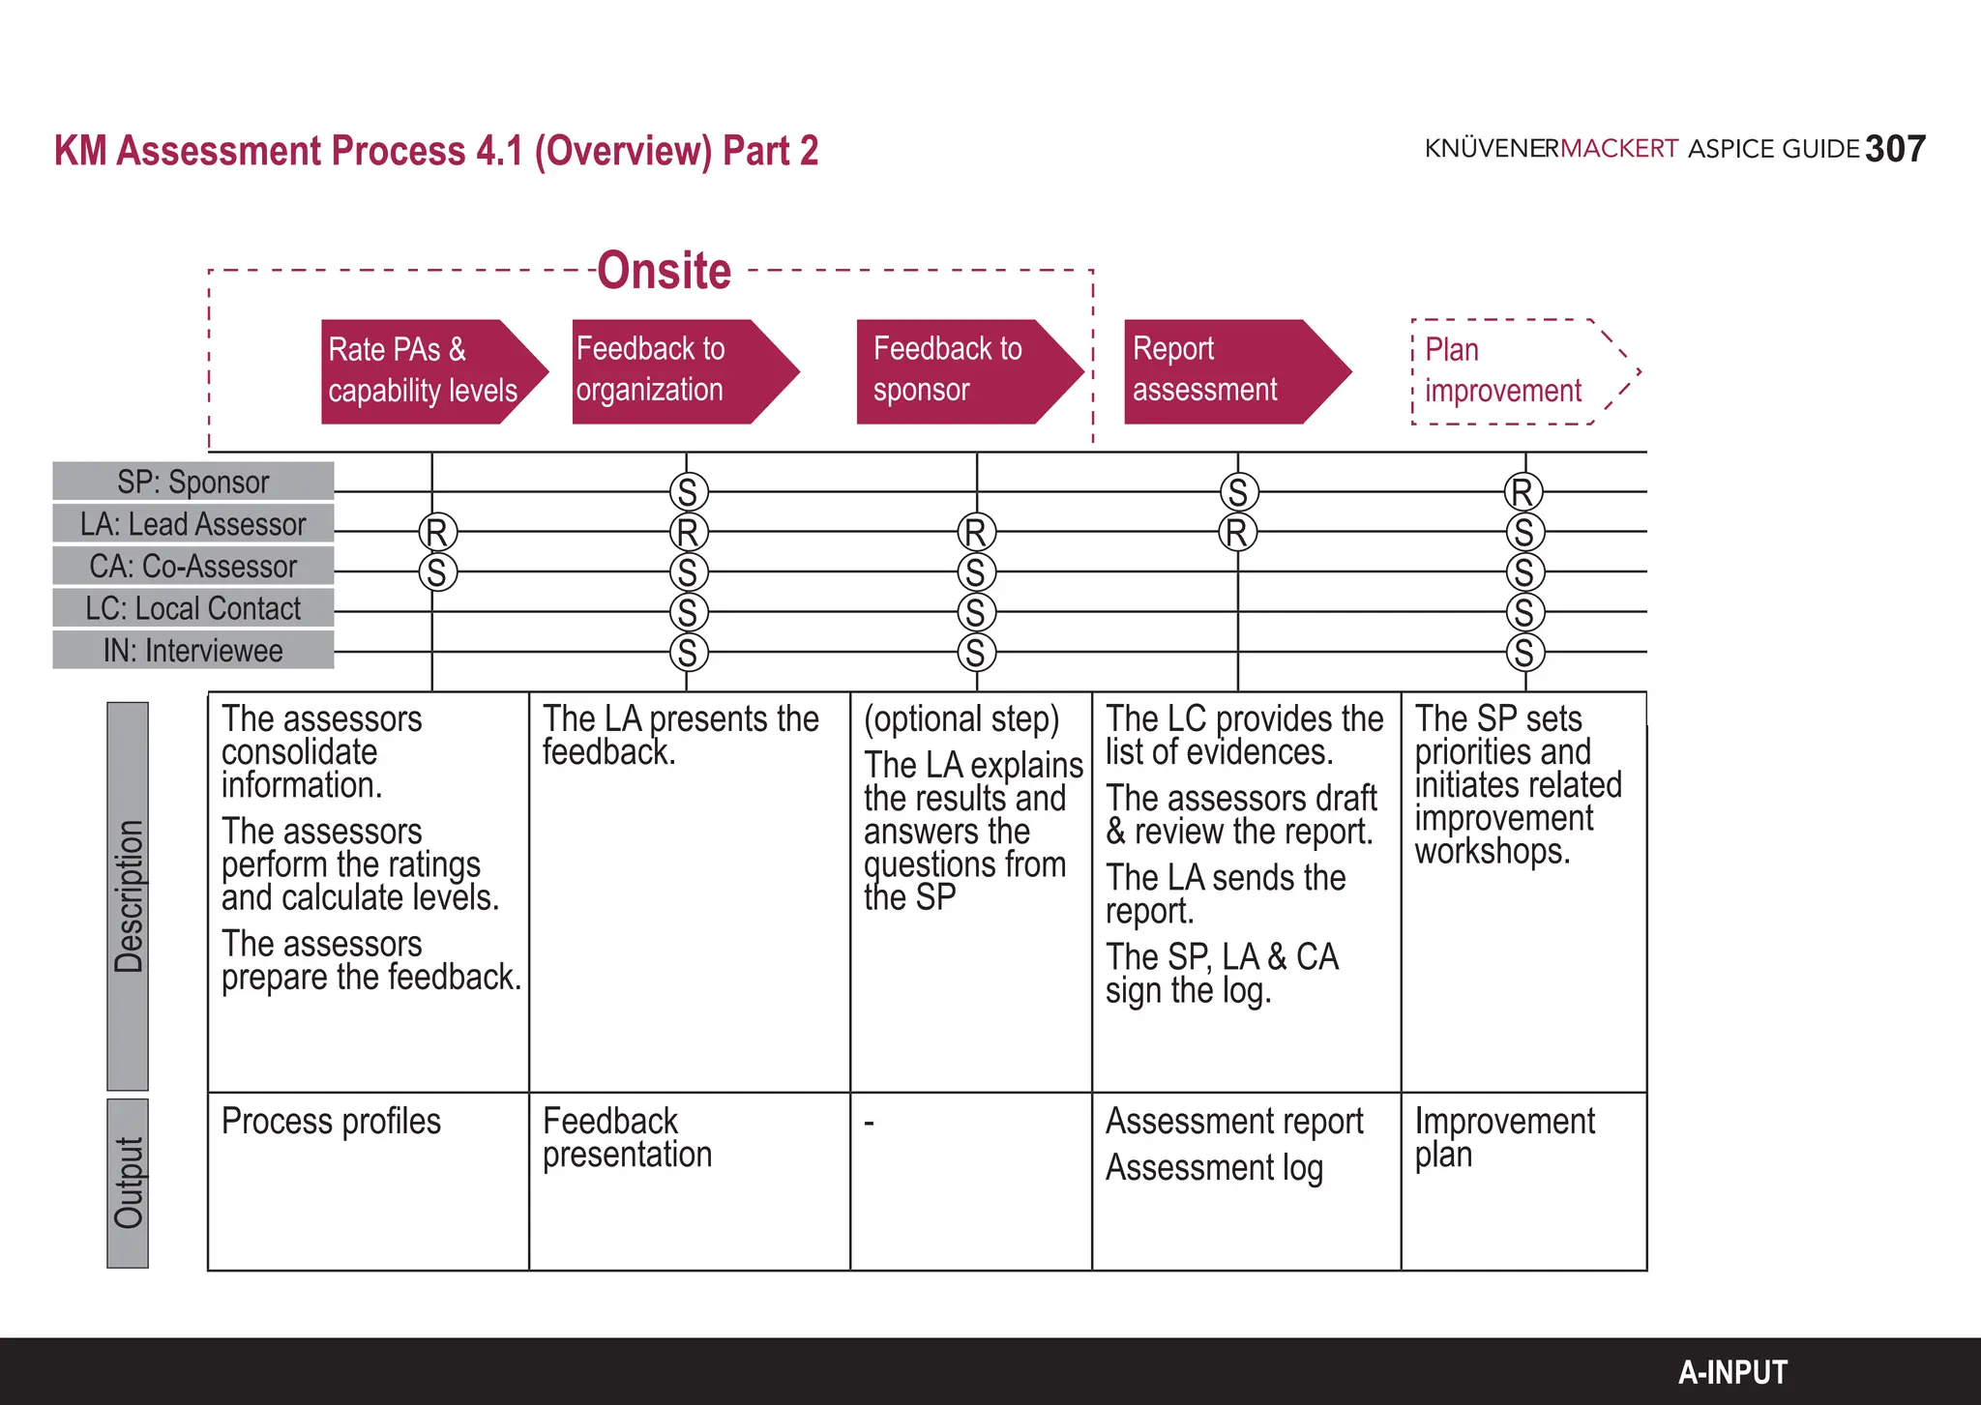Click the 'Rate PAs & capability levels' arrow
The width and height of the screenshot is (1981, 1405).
click(426, 371)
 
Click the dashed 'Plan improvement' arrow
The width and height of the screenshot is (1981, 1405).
click(1514, 371)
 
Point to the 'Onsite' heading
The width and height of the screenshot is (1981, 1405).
click(665, 271)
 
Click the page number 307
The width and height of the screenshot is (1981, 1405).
click(1895, 150)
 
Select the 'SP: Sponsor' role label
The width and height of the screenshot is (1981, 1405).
click(193, 482)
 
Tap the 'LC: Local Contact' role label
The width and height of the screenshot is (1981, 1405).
click(193, 608)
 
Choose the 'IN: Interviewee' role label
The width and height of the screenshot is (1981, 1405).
click(193, 651)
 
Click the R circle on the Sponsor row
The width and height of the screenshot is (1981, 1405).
click(1523, 492)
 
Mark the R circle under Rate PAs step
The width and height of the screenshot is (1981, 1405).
click(437, 532)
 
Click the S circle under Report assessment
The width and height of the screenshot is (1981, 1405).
click(1238, 492)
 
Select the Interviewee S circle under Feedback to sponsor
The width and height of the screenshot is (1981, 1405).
click(976, 653)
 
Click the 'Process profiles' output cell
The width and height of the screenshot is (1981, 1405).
click(331, 1122)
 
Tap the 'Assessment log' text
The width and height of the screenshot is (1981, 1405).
click(1214, 1168)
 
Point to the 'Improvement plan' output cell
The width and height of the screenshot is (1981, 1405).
click(1504, 1137)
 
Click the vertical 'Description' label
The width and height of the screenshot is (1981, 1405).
click(128, 896)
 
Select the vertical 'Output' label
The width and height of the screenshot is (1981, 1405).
click(128, 1183)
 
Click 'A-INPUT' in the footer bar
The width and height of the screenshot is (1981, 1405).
click(1732, 1372)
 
